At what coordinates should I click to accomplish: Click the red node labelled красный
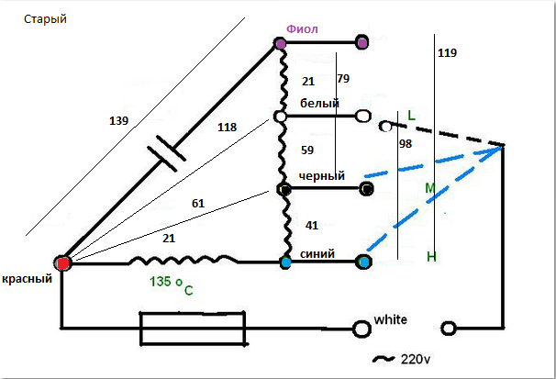click(x=63, y=264)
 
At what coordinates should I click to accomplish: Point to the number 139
click(x=119, y=120)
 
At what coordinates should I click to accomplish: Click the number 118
click(x=227, y=128)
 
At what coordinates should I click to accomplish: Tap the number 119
click(x=448, y=53)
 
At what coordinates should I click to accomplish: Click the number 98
click(x=406, y=145)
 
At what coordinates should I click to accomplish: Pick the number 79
click(x=342, y=78)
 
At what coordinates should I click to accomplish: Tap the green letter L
click(x=411, y=116)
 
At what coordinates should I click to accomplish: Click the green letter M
click(x=428, y=189)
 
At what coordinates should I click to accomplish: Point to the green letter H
click(x=430, y=258)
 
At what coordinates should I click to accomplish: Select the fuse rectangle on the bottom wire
click(x=192, y=326)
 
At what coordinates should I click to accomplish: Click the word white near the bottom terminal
click(x=390, y=320)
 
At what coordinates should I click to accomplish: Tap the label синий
click(x=316, y=253)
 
